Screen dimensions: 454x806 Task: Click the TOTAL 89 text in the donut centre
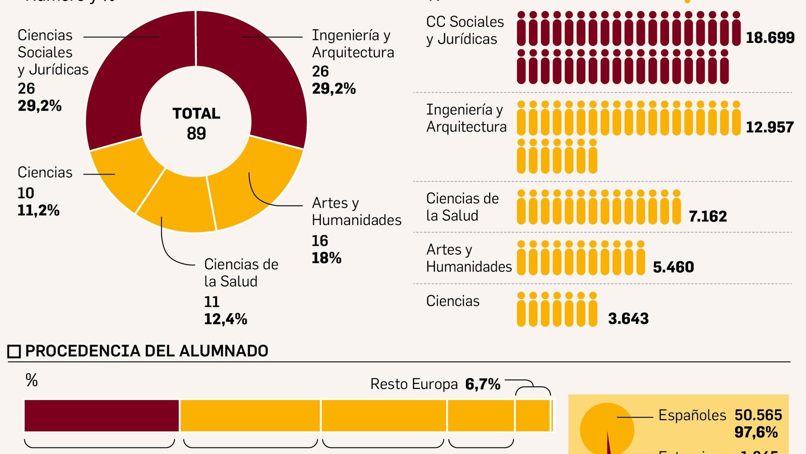[x=196, y=123]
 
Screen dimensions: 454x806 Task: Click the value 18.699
[x=770, y=38]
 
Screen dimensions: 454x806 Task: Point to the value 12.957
[x=769, y=127]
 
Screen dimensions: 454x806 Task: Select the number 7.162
[x=708, y=216]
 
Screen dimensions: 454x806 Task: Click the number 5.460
[x=673, y=267]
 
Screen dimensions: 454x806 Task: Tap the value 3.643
[x=628, y=318]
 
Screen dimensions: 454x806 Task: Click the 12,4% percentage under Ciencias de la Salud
[x=225, y=319]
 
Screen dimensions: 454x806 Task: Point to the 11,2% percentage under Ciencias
[x=38, y=210]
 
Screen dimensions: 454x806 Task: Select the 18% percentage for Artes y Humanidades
[x=326, y=258]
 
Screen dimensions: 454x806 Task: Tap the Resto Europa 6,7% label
[x=435, y=384]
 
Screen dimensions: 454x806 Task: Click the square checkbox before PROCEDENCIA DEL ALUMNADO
[x=14, y=351]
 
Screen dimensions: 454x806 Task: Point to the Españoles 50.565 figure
[x=720, y=415]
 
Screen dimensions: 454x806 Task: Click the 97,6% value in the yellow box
[x=756, y=432]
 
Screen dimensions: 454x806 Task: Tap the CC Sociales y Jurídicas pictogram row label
[x=464, y=30]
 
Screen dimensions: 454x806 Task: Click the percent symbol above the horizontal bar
[x=32, y=380]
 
